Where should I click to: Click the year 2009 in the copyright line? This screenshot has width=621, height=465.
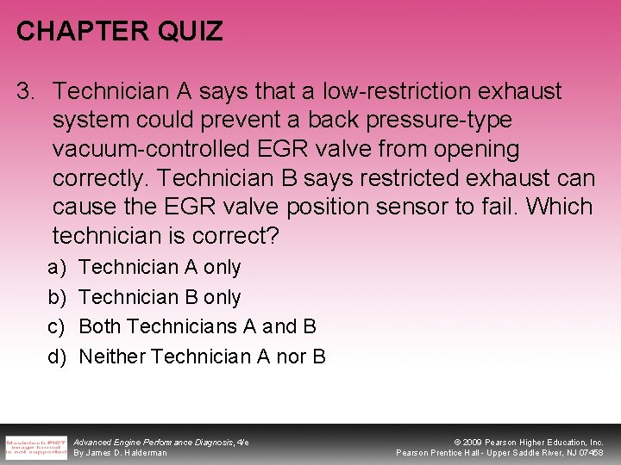point(471,441)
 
